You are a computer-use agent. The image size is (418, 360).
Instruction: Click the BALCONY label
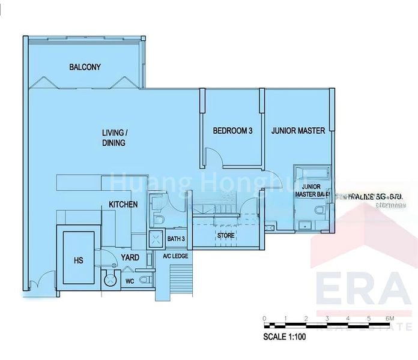click(x=84, y=67)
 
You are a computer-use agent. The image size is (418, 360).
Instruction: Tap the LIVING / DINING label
click(x=114, y=137)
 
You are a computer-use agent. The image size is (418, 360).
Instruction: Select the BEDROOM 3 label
click(x=232, y=131)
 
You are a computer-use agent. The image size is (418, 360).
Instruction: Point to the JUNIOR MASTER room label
click(x=298, y=130)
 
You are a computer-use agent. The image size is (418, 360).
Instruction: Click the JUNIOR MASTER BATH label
click(x=309, y=191)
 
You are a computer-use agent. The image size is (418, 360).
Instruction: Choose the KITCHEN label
click(x=123, y=205)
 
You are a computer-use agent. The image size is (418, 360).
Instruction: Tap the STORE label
click(x=226, y=235)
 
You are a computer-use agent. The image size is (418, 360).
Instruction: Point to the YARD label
click(x=130, y=257)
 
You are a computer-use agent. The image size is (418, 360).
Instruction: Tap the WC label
click(x=130, y=281)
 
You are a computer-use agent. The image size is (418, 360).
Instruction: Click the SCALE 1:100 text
click(x=285, y=337)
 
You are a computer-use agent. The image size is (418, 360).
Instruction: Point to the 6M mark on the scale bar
click(x=390, y=317)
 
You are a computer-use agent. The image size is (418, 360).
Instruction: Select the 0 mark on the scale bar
click(x=264, y=317)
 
